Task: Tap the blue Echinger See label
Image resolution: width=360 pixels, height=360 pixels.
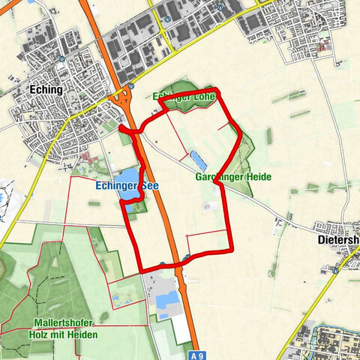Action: point(124,185)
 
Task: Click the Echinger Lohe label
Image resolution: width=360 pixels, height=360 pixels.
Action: point(184,97)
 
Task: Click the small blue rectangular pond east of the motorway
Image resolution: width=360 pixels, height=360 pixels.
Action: point(198,159)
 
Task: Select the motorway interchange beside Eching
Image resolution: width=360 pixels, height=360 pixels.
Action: point(121,100)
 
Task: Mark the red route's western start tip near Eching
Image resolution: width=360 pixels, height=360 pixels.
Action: point(121,129)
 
